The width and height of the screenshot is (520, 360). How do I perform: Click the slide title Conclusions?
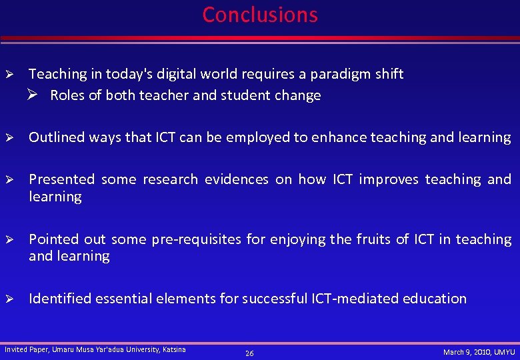click(x=260, y=15)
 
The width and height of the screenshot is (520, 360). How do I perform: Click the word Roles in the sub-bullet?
click(x=67, y=95)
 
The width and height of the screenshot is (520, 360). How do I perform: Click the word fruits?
click(x=368, y=239)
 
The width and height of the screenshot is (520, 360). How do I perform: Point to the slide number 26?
click(x=249, y=353)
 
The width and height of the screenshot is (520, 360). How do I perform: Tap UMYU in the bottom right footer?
click(x=504, y=351)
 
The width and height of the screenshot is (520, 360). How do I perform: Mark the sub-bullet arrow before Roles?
click(x=37, y=95)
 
